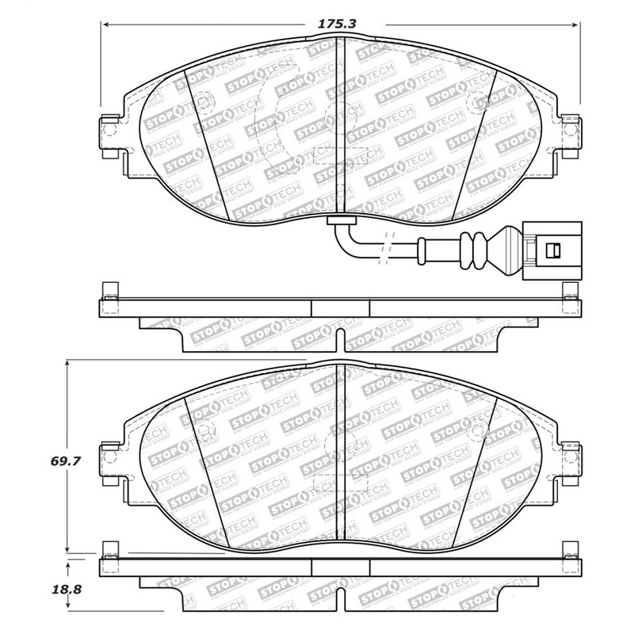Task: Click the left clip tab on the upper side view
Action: tap(109, 291)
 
